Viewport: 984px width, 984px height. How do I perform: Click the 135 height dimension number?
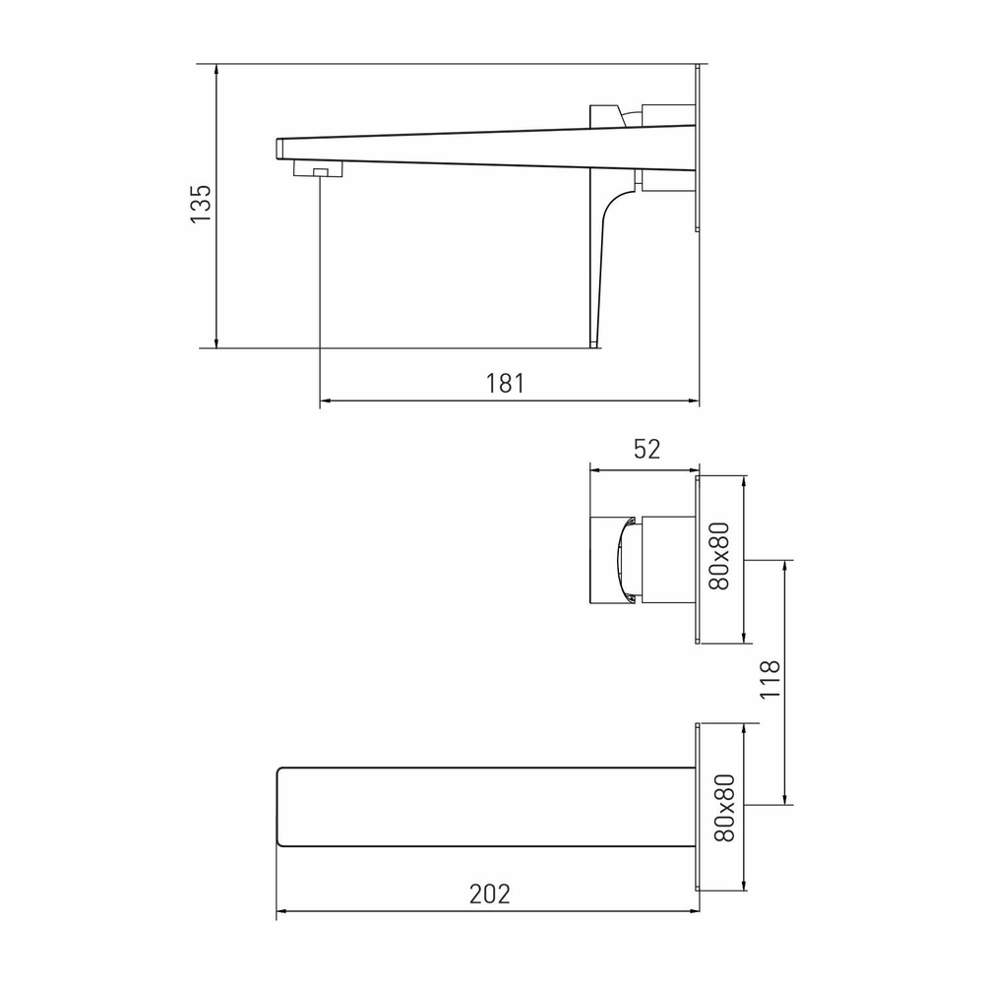click(201, 204)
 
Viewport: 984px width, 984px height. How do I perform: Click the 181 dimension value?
click(506, 384)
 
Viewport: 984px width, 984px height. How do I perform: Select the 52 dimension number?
click(646, 450)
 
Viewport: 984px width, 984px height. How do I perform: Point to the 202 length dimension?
click(489, 894)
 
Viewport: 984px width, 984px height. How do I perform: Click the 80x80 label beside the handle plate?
click(721, 557)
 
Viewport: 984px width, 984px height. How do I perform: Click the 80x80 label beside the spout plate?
click(722, 807)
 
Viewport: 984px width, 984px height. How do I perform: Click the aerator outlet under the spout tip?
click(319, 172)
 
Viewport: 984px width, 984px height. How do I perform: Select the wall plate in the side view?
click(699, 148)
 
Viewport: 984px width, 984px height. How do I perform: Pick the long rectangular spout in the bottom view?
click(487, 807)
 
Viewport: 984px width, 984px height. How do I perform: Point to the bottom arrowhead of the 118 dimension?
click(785, 800)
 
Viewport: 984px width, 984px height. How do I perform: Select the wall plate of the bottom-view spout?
click(699, 807)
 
